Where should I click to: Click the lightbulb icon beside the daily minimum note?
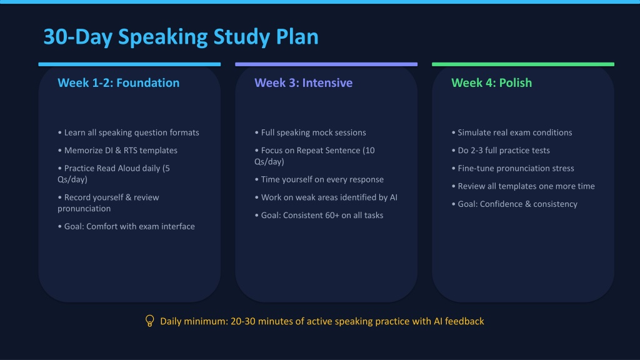click(x=150, y=321)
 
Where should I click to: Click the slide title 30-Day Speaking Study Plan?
click(x=181, y=37)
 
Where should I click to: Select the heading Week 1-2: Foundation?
click(x=118, y=83)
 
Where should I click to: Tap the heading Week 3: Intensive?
click(x=303, y=83)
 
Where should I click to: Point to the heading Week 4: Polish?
click(x=491, y=83)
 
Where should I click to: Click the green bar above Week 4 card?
click(x=523, y=64)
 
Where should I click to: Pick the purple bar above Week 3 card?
click(x=326, y=64)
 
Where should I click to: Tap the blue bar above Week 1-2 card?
click(x=129, y=64)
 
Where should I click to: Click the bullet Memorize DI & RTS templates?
click(x=117, y=150)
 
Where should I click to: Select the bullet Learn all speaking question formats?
click(x=129, y=132)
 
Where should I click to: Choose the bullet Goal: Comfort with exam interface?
click(x=126, y=226)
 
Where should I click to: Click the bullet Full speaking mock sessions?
click(x=310, y=132)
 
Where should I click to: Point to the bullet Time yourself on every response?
click(x=319, y=179)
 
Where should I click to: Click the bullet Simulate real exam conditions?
click(x=512, y=132)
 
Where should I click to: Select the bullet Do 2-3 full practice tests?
click(x=501, y=150)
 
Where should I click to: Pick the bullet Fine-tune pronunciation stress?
click(x=512, y=168)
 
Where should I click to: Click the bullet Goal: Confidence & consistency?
click(x=514, y=204)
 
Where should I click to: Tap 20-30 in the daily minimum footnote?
click(x=243, y=321)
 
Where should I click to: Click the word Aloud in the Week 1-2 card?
click(x=129, y=168)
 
